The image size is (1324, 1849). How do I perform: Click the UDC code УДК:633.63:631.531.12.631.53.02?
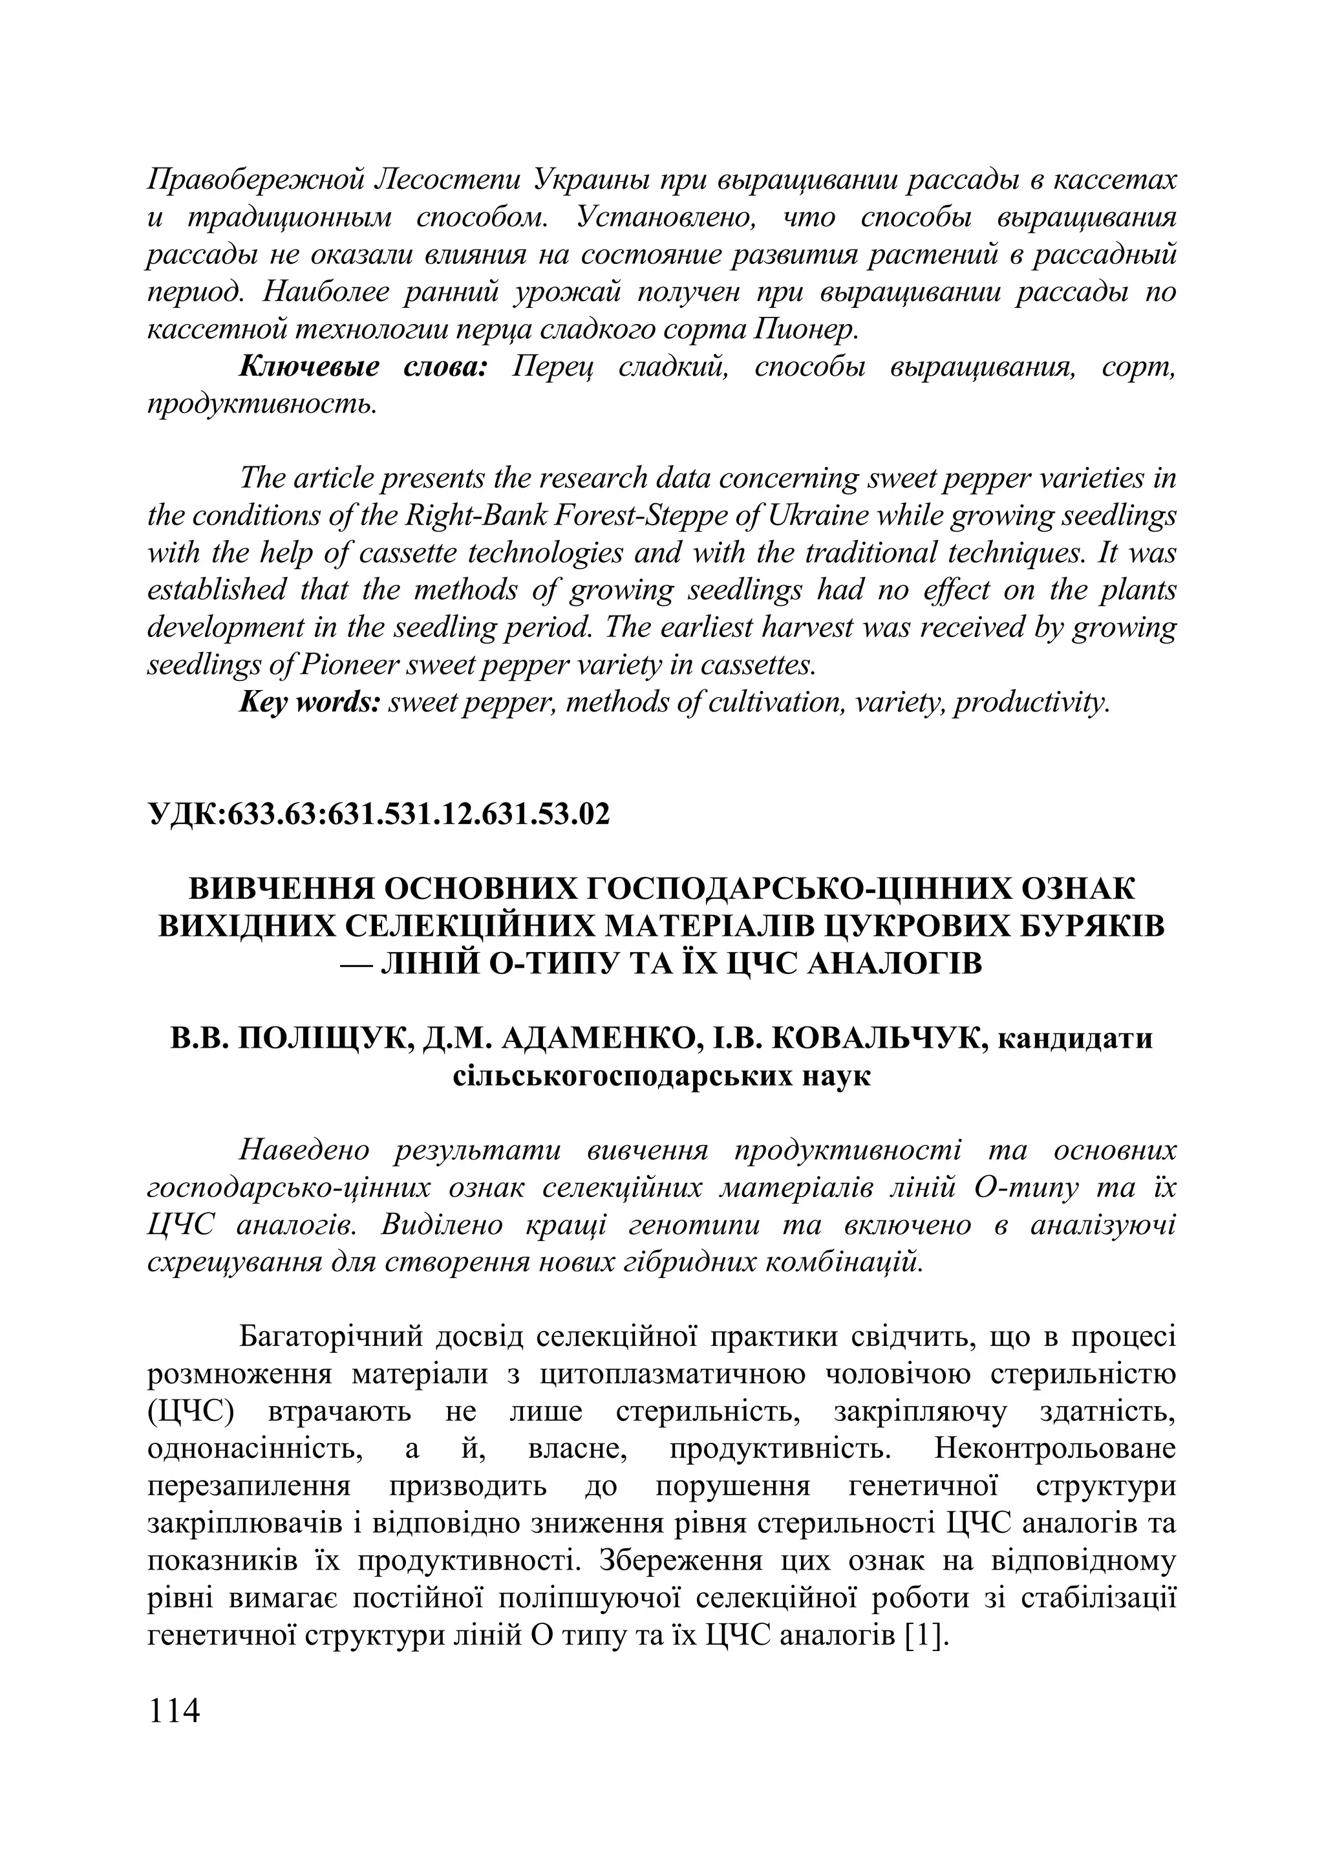[x=378, y=814]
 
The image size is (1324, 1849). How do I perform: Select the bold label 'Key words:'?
[x=310, y=702]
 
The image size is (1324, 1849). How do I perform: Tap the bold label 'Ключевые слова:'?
[x=363, y=367]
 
